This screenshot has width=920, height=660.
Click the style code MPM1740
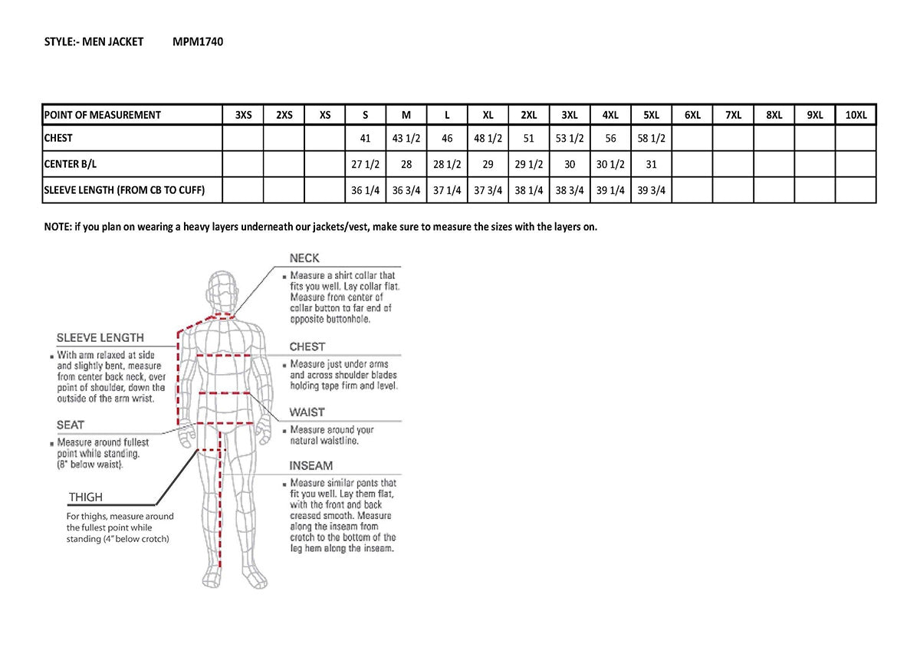(198, 42)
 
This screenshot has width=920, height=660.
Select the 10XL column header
(856, 115)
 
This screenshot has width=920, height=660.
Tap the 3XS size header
(243, 115)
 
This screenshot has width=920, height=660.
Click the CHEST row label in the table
(58, 139)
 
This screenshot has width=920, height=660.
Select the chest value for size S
(365, 139)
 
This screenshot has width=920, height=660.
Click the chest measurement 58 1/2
(651, 139)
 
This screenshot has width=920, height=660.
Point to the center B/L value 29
(488, 164)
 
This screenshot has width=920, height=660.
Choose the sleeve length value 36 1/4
(365, 191)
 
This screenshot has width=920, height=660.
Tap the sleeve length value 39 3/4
(651, 191)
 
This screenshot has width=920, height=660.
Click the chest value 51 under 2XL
(528, 139)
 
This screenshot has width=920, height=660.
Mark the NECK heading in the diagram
(304, 258)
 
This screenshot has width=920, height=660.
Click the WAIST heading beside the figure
(307, 412)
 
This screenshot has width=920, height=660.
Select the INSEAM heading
(310, 465)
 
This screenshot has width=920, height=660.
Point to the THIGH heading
(85, 497)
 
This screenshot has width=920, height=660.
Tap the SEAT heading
(71, 425)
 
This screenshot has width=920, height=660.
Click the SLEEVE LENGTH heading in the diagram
(100, 337)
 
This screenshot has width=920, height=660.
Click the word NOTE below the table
(58, 227)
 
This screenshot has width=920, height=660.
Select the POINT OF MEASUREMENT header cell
(103, 115)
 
